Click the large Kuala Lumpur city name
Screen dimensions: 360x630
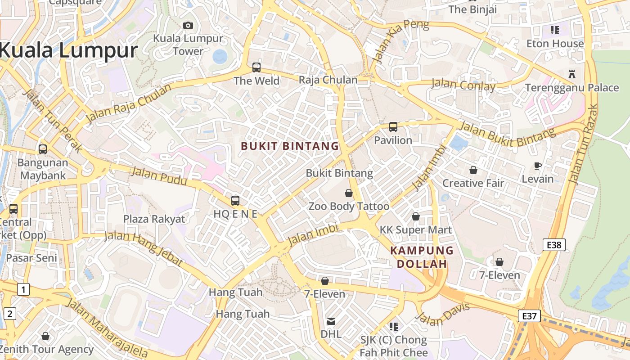click(x=68, y=50)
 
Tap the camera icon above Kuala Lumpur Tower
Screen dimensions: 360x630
click(x=188, y=26)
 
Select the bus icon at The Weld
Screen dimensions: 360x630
click(x=256, y=67)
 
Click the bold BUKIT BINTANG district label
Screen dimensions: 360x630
click(x=290, y=146)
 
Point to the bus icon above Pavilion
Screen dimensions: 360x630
click(x=393, y=127)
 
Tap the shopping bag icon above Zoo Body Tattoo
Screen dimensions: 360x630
click(x=349, y=193)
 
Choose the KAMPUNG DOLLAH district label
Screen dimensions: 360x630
click(x=422, y=257)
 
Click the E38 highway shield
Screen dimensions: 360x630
click(x=554, y=245)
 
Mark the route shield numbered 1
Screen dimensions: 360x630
click(x=23, y=289)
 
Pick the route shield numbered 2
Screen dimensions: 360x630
click(x=9, y=314)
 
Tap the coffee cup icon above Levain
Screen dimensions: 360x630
click(x=537, y=166)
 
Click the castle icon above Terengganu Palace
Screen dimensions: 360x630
click(x=572, y=74)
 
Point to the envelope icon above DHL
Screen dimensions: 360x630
click(x=331, y=321)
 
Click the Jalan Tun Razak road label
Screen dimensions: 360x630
click(x=583, y=144)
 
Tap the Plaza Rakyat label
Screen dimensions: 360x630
click(x=154, y=219)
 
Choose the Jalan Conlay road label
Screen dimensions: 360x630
click(x=463, y=85)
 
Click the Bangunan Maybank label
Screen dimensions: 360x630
click(x=43, y=169)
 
